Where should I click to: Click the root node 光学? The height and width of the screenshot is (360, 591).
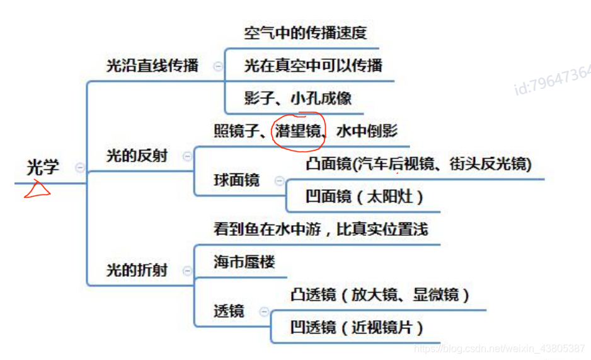tap(43, 167)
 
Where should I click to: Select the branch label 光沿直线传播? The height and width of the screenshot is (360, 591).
tap(152, 65)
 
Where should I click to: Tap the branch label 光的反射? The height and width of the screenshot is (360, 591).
tap(137, 156)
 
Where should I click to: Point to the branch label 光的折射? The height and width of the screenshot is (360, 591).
tap(137, 270)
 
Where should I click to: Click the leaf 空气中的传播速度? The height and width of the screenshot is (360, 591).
tap(306, 33)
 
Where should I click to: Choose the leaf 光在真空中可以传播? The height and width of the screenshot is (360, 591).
tap(313, 66)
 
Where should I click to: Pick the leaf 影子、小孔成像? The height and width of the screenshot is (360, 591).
tap(297, 98)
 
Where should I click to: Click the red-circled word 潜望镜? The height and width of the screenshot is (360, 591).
tap(296, 131)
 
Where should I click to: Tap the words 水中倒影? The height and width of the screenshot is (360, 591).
tap(367, 131)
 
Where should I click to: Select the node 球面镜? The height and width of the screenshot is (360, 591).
tap(236, 180)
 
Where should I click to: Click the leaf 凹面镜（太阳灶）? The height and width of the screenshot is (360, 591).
tap(364, 196)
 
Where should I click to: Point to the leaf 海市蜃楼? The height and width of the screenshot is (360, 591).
tap(244, 262)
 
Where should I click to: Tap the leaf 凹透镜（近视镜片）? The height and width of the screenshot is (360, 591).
tap(356, 327)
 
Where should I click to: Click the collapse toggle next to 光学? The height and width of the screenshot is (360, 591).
tap(80, 167)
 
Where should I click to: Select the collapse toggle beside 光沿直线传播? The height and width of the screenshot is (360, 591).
tap(218, 66)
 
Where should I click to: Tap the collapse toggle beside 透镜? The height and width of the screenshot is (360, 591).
tap(263, 311)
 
